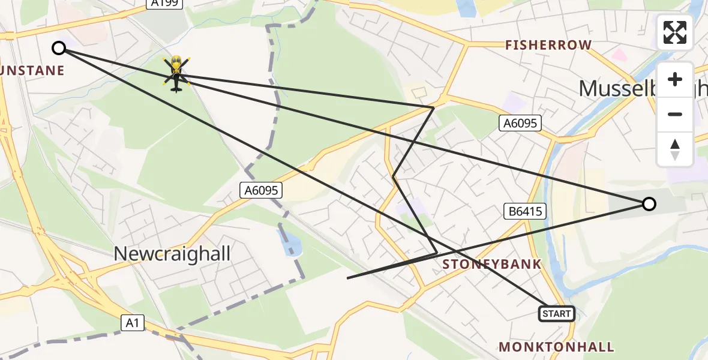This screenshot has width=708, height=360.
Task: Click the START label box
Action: [x=557, y=314]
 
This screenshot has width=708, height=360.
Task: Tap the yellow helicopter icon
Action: [x=176, y=73]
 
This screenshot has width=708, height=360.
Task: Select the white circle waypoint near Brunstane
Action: [x=59, y=48]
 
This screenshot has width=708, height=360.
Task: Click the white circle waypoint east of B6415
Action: [x=649, y=204]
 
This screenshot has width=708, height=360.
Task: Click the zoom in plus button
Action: [x=675, y=80]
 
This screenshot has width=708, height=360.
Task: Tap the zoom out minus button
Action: [x=675, y=114]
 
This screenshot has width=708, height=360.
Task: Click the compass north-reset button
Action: [x=675, y=149]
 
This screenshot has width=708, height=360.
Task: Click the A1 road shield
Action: [x=133, y=323]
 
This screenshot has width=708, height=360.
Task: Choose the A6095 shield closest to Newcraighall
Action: [x=260, y=191]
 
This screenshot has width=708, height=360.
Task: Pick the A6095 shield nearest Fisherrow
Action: [x=520, y=124]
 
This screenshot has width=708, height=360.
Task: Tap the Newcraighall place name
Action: [x=172, y=253]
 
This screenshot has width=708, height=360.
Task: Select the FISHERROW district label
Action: [x=548, y=45]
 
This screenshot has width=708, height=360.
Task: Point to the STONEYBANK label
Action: [x=492, y=264]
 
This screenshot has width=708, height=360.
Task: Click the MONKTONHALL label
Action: [x=556, y=347]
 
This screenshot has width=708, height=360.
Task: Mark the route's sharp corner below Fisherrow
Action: [x=433, y=107]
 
